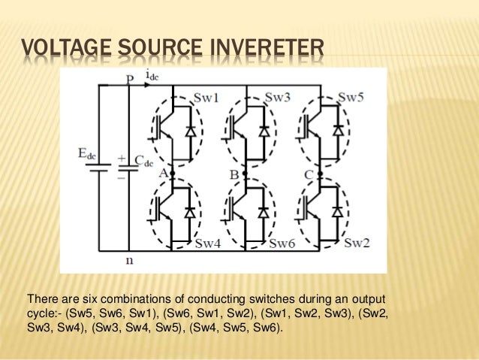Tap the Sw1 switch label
pyautogui.click(x=206, y=98)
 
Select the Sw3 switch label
pyautogui.click(x=277, y=98)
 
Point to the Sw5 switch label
pyautogui.click(x=351, y=98)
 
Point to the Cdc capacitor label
pyautogui.click(x=144, y=159)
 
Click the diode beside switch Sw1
pyautogui.click(x=189, y=131)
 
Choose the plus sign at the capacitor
pyautogui.click(x=120, y=159)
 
